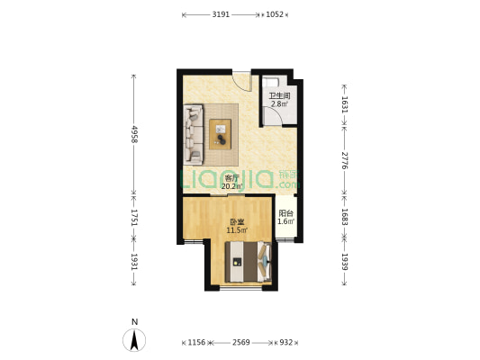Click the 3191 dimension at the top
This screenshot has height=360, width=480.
221,14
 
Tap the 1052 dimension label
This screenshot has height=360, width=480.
275,14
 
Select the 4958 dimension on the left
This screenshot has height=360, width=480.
134,134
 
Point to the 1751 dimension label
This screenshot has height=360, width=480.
134,218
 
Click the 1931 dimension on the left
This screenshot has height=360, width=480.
134,262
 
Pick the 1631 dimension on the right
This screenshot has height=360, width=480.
345,104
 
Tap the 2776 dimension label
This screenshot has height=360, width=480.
345,160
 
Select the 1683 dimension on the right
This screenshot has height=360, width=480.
345,217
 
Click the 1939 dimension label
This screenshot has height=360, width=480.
345,262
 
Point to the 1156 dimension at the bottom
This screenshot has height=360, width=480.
196,342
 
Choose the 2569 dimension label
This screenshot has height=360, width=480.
241,342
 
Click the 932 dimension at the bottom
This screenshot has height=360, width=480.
285,342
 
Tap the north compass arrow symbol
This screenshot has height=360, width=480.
134,340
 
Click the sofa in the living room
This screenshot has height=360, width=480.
193,135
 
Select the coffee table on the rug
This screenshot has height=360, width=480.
220,135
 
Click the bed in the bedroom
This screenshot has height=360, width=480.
249,262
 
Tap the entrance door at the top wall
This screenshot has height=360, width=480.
242,81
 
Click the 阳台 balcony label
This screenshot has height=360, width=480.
285,213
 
